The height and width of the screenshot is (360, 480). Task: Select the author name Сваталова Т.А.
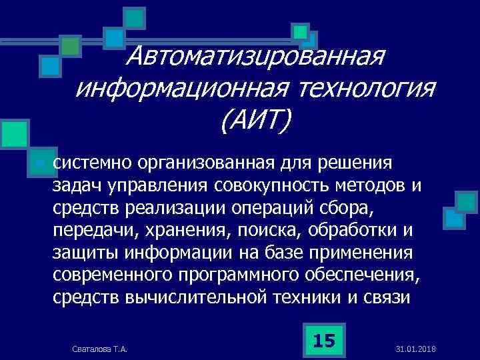tap(100, 349)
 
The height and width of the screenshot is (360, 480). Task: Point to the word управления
tap(167, 185)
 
